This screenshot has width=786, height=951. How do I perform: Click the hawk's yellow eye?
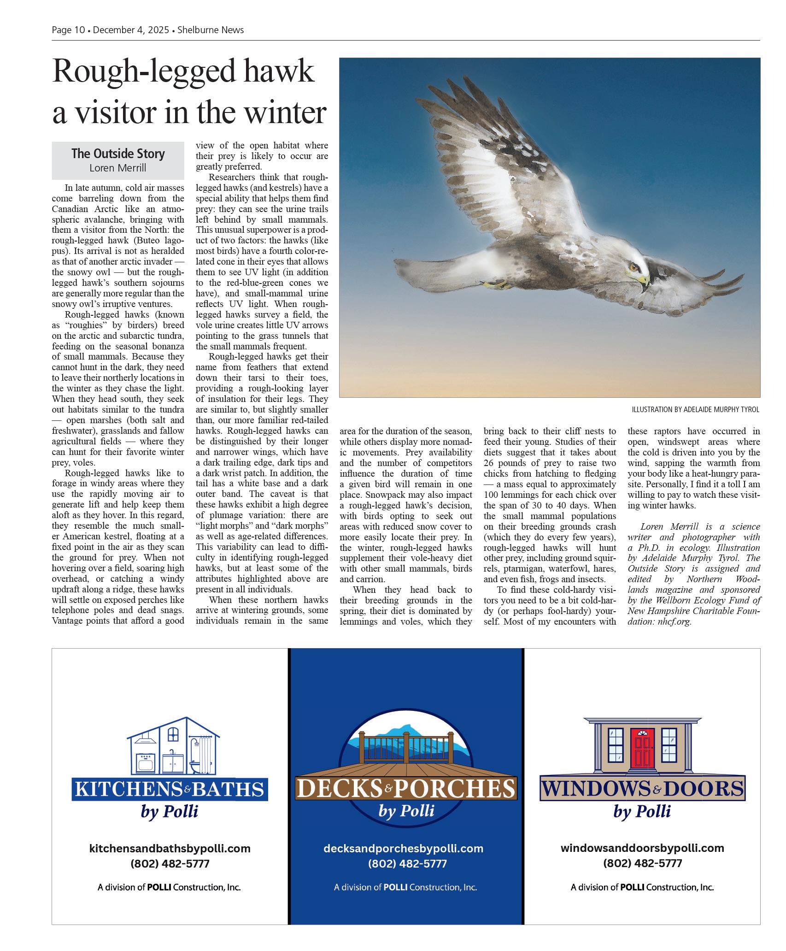tap(635, 266)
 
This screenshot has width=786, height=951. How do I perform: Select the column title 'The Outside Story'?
tap(118, 154)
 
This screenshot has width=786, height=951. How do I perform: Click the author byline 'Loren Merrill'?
tap(118, 168)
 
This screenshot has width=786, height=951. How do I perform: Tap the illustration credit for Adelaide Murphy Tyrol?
tap(695, 409)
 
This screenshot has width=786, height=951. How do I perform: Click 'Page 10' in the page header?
tap(68, 30)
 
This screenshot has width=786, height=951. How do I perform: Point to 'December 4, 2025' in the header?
tap(130, 30)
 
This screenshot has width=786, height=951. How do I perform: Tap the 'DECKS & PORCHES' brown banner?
tap(406, 790)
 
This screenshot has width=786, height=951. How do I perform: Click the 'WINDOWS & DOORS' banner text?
tap(642, 789)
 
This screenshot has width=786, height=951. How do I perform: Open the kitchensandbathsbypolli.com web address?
tap(170, 848)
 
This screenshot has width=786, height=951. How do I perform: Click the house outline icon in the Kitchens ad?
tap(173, 747)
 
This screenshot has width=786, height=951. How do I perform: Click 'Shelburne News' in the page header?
tap(211, 30)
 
